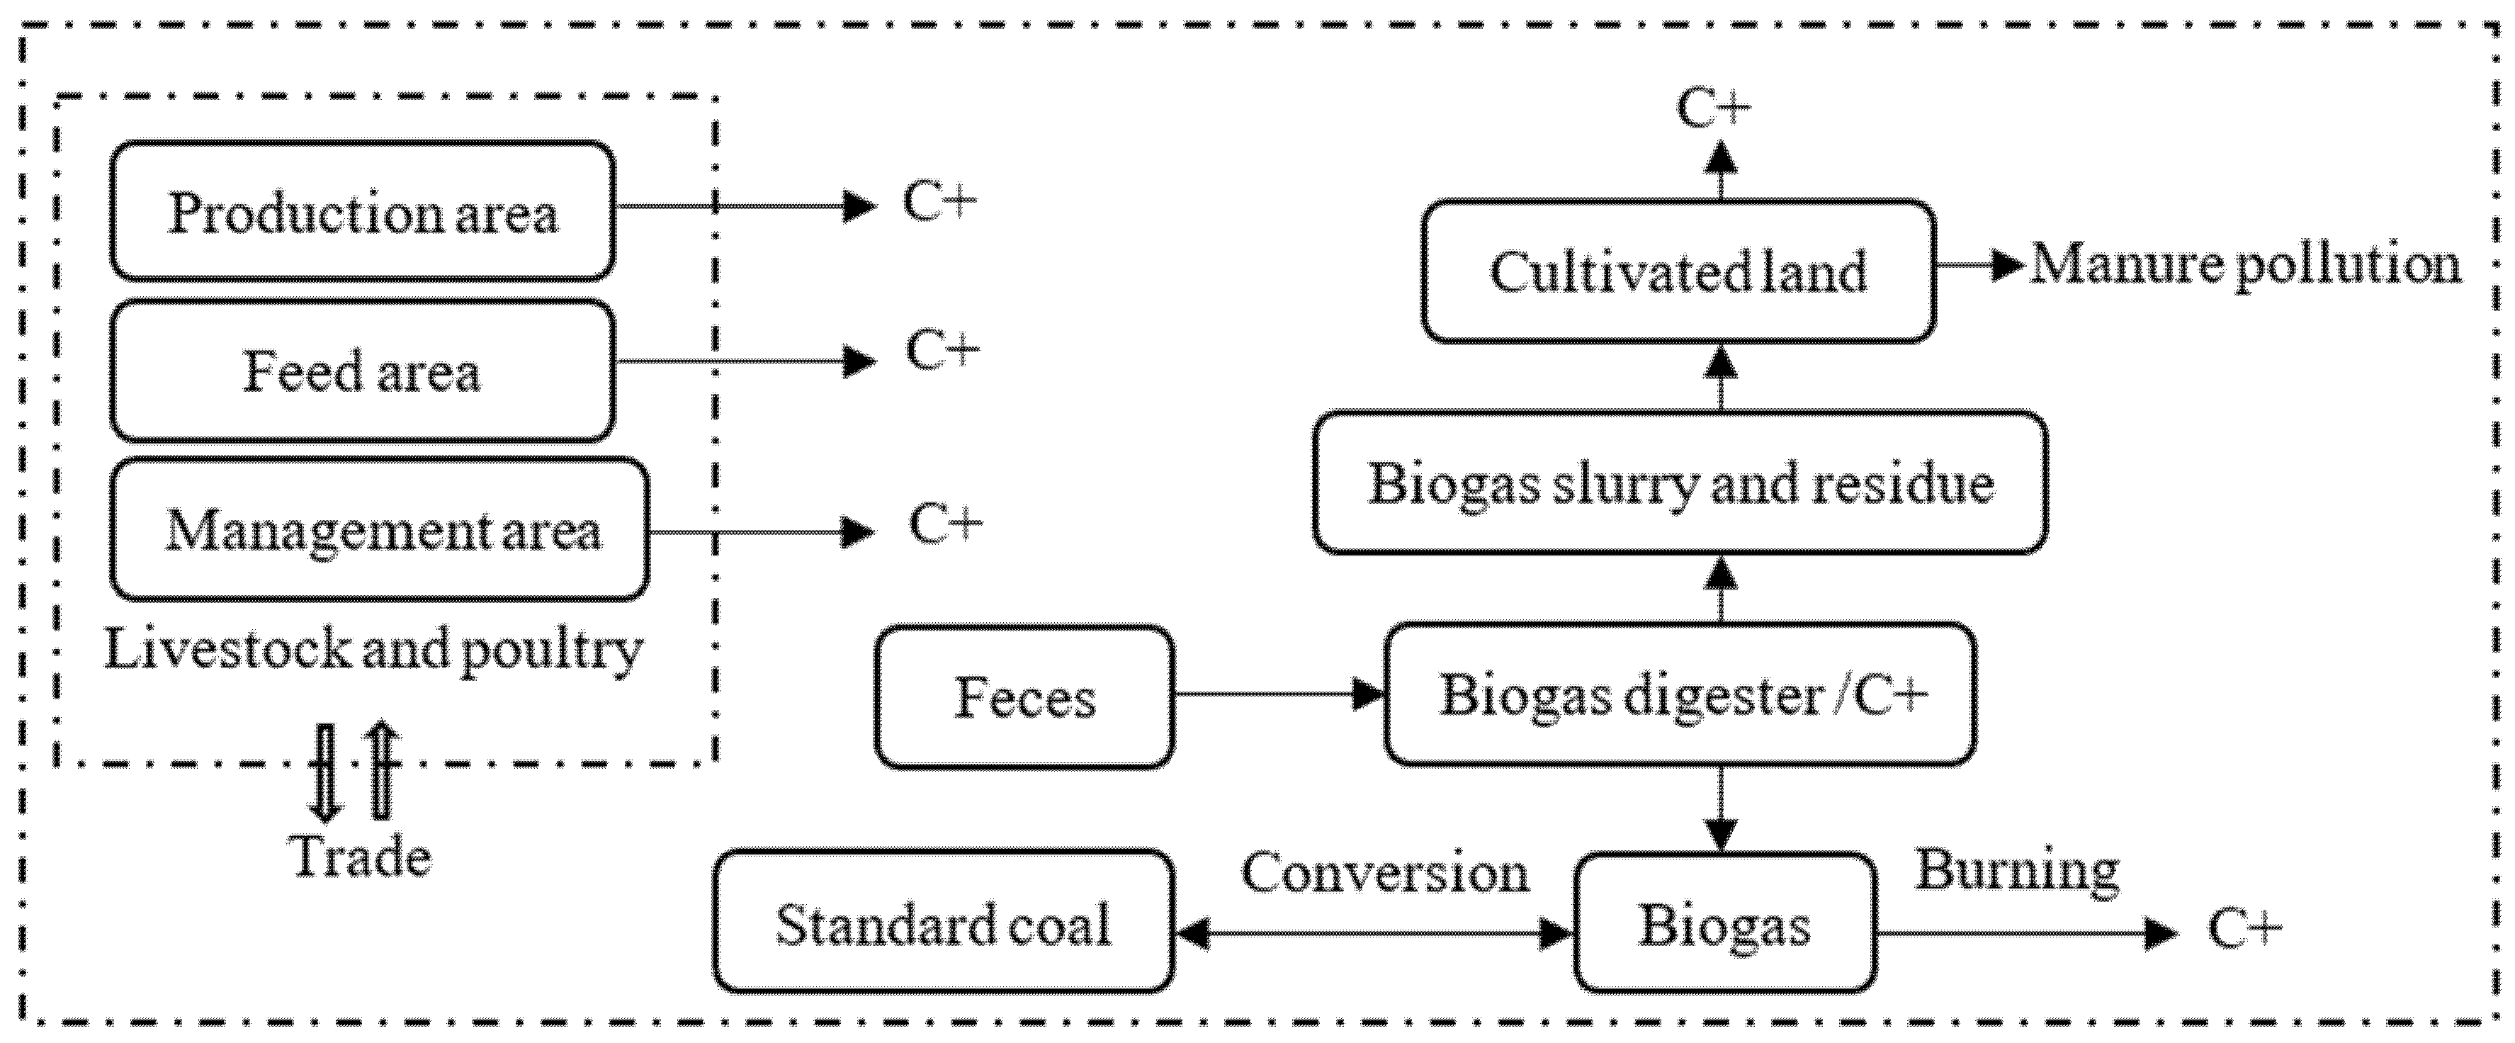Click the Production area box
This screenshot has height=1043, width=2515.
362,211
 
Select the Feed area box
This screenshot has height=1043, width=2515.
362,371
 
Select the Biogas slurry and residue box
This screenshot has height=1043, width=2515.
1679,483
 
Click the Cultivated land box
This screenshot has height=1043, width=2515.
1678,271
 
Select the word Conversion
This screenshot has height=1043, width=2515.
1384,871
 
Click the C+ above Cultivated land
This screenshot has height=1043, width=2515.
1714,108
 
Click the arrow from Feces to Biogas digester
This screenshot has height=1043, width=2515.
1279,695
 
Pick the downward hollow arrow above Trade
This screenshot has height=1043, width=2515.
325,772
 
